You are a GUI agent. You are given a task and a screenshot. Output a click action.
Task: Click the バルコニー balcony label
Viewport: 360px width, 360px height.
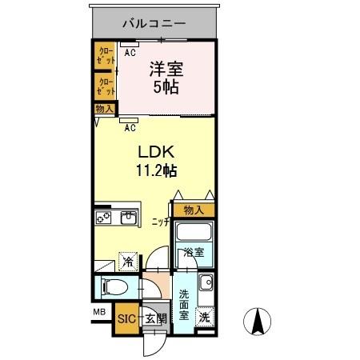coord(153,22)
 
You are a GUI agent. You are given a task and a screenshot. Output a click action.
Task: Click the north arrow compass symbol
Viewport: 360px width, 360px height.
coord(259,321)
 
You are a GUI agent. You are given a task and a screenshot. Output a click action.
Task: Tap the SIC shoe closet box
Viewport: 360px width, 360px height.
coord(126,318)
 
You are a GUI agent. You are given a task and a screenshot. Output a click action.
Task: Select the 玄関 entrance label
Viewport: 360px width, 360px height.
coord(156,318)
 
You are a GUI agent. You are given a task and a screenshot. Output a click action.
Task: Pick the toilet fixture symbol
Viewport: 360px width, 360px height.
coord(114,286)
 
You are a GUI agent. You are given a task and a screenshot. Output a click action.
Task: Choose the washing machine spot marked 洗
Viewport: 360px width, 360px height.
coord(205,317)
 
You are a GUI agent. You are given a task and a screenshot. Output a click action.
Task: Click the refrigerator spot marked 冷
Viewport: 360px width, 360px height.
coord(127,261)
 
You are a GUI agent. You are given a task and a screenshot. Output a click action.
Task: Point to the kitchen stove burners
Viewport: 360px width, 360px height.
coord(104,217)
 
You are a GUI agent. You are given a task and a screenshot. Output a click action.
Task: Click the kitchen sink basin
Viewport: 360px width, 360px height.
coord(130,217)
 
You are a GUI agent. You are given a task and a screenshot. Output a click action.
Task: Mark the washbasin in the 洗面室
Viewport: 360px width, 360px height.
coord(206,282)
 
